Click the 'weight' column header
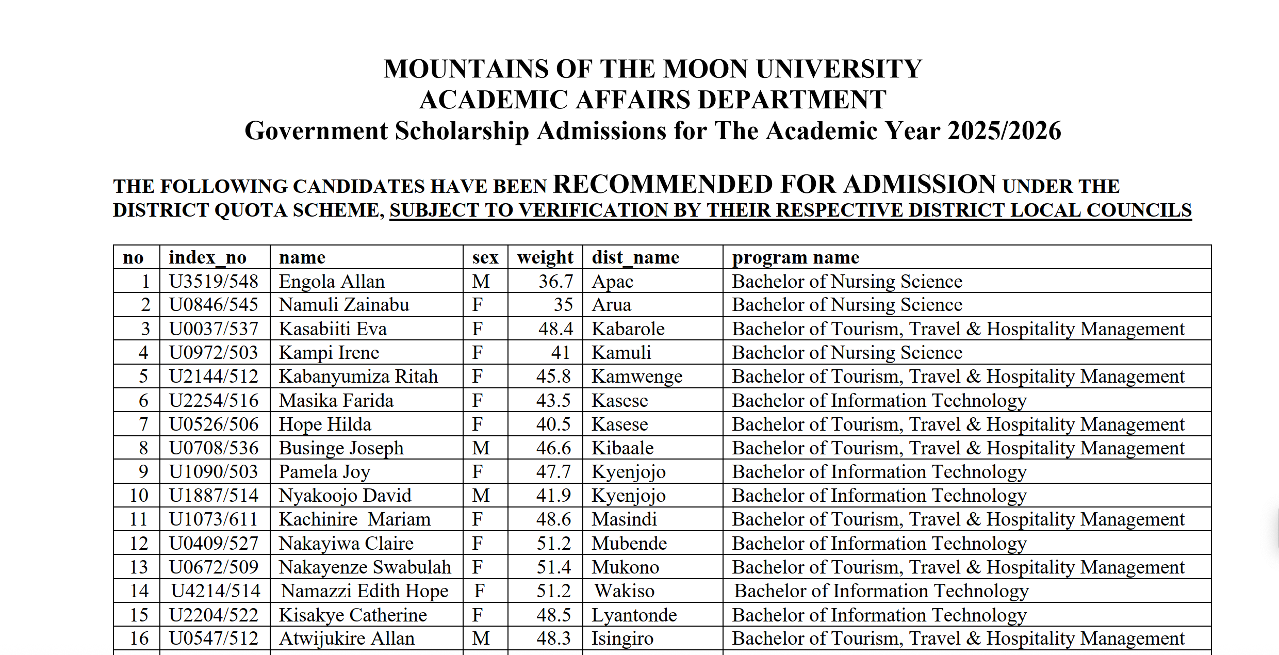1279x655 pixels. click(545, 257)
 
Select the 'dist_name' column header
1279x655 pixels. click(635, 257)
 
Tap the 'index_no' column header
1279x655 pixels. click(208, 257)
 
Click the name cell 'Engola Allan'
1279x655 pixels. click(332, 282)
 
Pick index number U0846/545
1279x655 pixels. click(214, 305)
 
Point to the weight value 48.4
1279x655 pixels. click(555, 329)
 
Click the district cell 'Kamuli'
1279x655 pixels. click(621, 353)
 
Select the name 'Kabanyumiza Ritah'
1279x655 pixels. click(358, 376)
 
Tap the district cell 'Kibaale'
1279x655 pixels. click(622, 448)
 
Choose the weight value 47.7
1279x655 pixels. click(553, 472)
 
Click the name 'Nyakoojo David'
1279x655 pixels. click(345, 496)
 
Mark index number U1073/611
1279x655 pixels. click(214, 519)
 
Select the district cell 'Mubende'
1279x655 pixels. click(629, 544)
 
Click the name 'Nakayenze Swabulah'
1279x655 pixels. click(365, 567)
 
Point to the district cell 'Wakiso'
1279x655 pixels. click(624, 591)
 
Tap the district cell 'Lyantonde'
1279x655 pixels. click(634, 615)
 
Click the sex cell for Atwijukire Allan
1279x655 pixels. click(481, 638)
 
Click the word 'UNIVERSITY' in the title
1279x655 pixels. click(839, 69)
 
